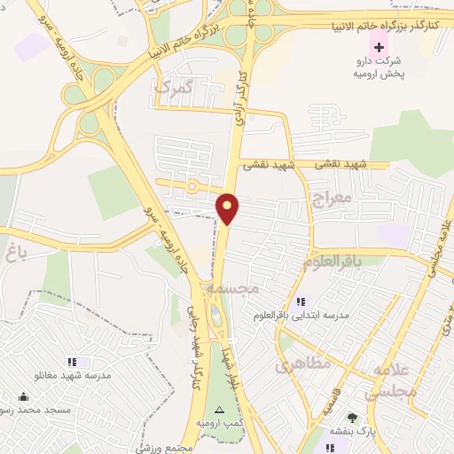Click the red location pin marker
pyautogui.click(x=229, y=209)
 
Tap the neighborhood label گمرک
pyautogui.click(x=173, y=87)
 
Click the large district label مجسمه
pyautogui.click(x=232, y=289)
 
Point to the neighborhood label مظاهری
pyautogui.click(x=302, y=363)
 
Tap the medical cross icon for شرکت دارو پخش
pyautogui.click(x=380, y=46)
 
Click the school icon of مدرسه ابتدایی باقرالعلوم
pyautogui.click(x=301, y=301)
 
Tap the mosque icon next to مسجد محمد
pyautogui.click(x=23, y=395)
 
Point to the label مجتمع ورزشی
pyautogui.click(x=165, y=449)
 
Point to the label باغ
pyautogui.click(x=12, y=254)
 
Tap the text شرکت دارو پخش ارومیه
pyautogui.click(x=380, y=67)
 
